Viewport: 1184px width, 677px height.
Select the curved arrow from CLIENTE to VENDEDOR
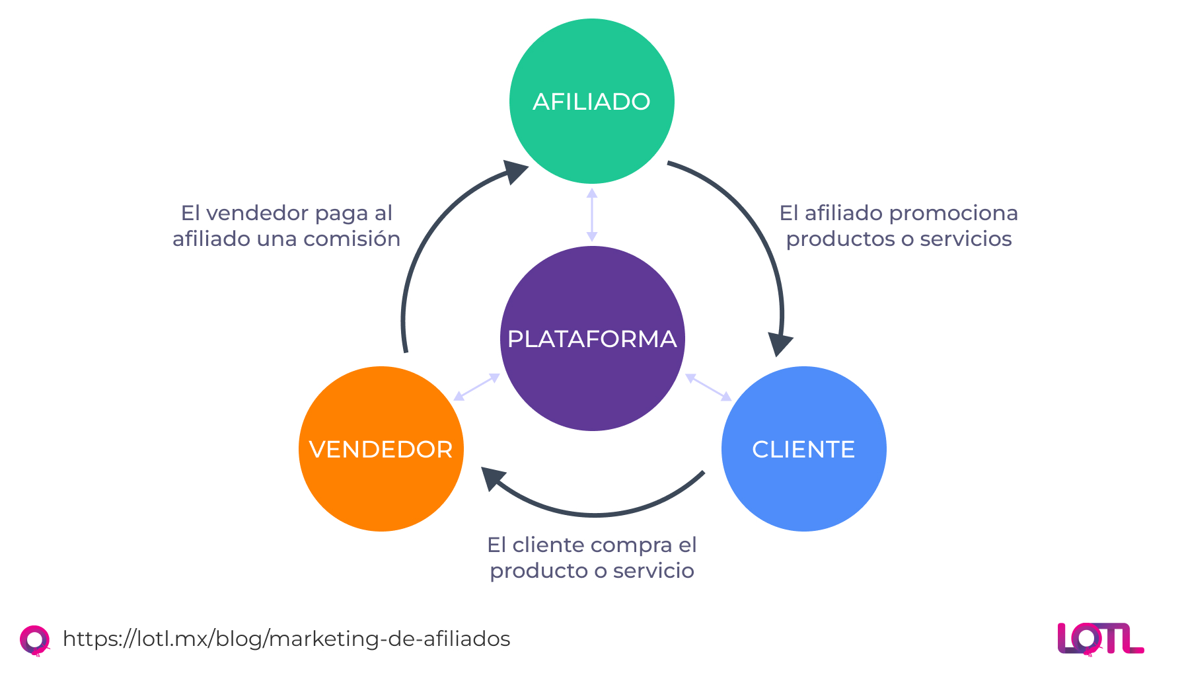(x=595, y=514)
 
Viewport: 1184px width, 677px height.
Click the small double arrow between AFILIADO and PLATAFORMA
(x=592, y=215)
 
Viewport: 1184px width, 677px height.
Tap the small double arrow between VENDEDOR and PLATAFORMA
(x=476, y=387)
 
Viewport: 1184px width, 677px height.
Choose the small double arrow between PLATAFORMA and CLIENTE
(x=708, y=387)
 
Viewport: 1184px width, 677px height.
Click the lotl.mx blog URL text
(x=286, y=639)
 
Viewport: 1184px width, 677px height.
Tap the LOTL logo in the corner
(x=1100, y=639)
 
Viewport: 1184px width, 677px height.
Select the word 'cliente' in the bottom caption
(x=548, y=545)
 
